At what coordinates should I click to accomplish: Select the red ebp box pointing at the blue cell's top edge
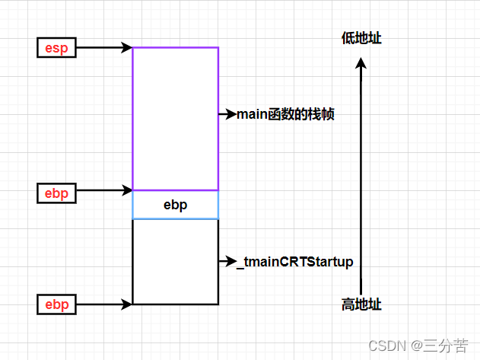56,193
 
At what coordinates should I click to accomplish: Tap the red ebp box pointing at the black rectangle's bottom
56,305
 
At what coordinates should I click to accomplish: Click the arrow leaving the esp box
104,47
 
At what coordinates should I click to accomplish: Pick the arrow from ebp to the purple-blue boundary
104,190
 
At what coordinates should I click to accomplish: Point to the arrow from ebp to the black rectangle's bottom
104,304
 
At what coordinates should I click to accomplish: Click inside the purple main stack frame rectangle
175,118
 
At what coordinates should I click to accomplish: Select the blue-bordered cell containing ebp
175,205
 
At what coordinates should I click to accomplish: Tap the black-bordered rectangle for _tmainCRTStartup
175,262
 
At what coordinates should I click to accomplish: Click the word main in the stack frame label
253,115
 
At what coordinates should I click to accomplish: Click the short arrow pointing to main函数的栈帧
227,114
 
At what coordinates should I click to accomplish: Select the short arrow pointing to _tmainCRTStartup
227,262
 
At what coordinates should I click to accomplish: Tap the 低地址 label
361,38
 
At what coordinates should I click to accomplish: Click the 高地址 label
361,305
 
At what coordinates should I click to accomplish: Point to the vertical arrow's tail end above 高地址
361,291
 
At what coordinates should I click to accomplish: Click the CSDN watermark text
384,346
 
